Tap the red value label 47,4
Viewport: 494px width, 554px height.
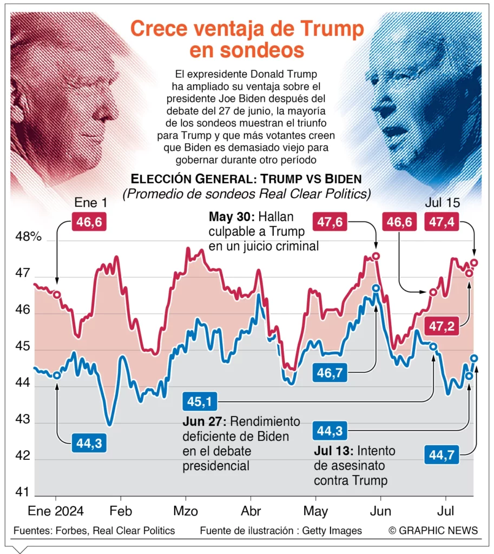[x=442, y=221]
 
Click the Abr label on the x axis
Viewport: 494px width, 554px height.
[x=251, y=511]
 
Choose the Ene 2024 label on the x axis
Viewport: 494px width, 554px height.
[x=56, y=511]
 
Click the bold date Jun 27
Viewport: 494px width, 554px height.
[x=205, y=423]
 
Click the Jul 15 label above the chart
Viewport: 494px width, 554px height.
[x=442, y=203]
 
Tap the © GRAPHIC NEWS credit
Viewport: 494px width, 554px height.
[x=433, y=531]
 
